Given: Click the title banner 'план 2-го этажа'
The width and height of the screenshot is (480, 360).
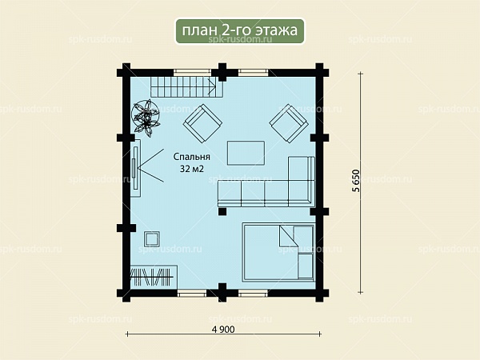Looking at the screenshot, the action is tap(240, 31).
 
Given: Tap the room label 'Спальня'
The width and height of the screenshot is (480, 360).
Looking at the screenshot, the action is tap(192, 157).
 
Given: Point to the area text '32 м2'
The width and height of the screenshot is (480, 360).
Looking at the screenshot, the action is tap(192, 169).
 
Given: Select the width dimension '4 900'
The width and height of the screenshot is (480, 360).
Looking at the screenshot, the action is tap(223, 330).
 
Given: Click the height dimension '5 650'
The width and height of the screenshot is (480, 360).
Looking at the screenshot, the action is tap(356, 181).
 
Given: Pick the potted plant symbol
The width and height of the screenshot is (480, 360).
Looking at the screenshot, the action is tap(146, 117).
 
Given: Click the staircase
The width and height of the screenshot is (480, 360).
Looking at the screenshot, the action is tap(186, 87).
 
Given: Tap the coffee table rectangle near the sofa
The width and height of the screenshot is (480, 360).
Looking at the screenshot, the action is tap(246, 153).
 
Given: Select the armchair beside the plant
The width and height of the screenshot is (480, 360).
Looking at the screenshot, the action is tap(202, 123).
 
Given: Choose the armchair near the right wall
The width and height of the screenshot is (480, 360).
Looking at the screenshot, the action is tap(288, 123).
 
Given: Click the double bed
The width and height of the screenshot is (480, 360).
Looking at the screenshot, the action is tap(278, 252).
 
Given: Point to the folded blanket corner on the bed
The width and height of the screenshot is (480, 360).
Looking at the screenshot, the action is tap(288, 236).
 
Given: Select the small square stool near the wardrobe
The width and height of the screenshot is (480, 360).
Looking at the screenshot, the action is tap(152, 238).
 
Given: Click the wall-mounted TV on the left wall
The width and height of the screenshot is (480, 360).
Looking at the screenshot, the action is tap(135, 168).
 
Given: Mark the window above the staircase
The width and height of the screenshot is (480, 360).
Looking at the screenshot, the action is tap(193, 73).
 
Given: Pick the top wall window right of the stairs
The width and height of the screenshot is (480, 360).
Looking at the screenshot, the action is tap(253, 73).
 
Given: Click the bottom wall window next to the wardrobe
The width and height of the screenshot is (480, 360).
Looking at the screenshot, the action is tap(193, 294).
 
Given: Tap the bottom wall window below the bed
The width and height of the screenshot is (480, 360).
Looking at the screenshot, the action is tap(253, 294).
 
